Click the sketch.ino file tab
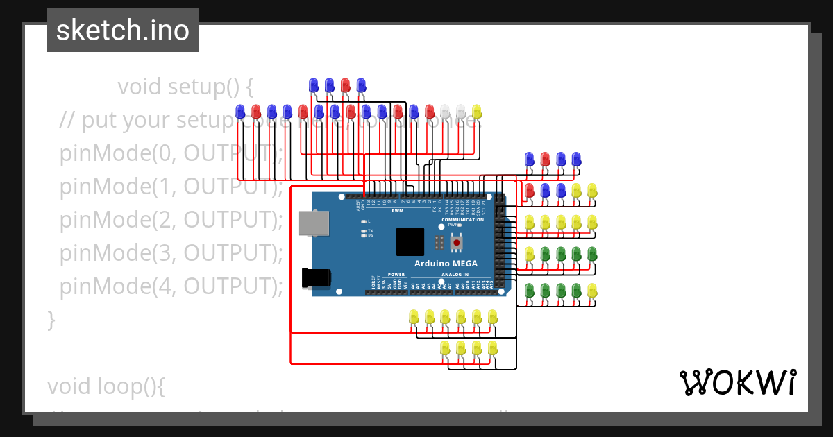tap(123, 31)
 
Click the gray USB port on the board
tap(310, 223)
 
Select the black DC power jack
tap(316, 277)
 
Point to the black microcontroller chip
tap(410, 241)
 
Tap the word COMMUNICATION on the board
tap(462, 220)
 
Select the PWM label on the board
tap(397, 210)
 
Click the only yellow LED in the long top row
tap(476, 111)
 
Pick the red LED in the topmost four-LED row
tap(345, 85)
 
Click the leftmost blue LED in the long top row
tap(240, 111)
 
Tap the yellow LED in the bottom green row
tap(591, 290)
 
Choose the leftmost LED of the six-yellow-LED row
tap(414, 317)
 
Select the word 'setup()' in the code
tap(212, 87)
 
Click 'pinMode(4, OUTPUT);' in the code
tap(171, 286)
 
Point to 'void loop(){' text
tap(106, 386)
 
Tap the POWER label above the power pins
tap(396, 275)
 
